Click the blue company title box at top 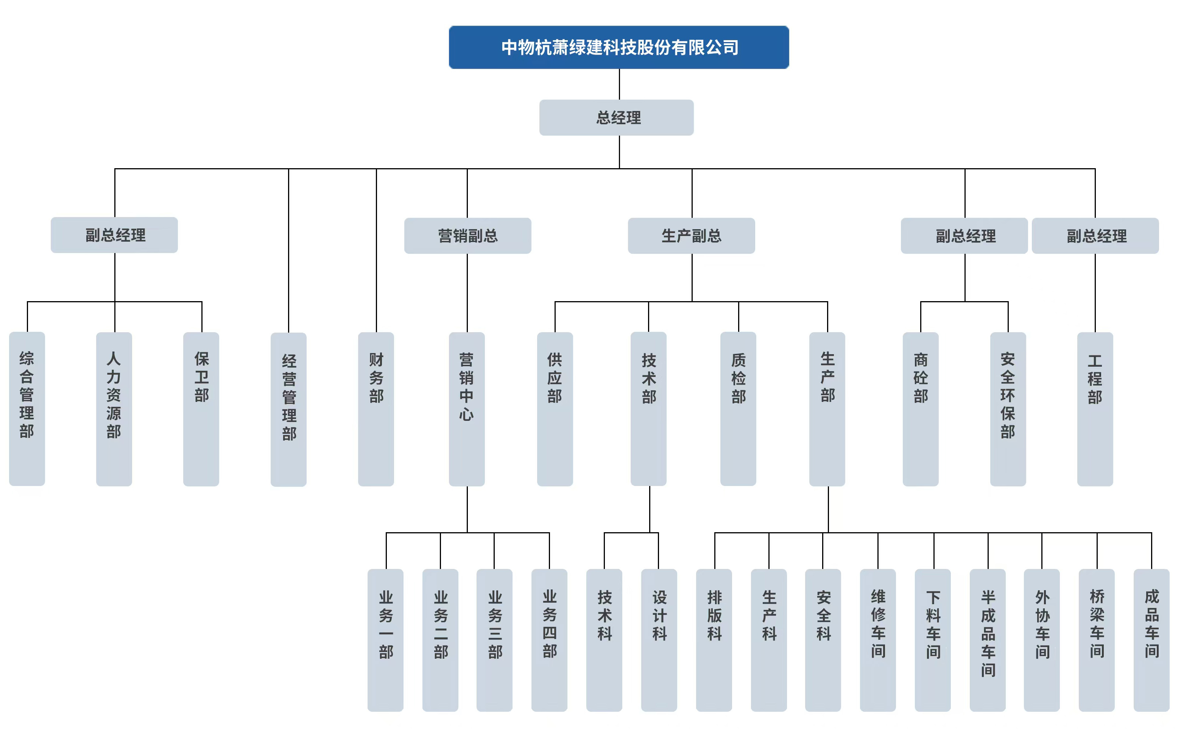coord(619,47)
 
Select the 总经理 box coord(616,117)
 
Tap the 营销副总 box coord(467,236)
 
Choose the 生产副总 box coord(691,236)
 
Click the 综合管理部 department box coord(27,409)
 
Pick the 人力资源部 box coord(114,409)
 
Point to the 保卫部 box coord(201,409)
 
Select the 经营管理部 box coord(288,409)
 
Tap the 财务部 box coord(376,409)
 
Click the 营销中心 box coord(466,409)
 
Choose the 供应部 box coord(555,409)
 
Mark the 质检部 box coord(738,409)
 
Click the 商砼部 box coord(920,409)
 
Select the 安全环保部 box coord(1008,409)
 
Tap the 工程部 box coord(1095,409)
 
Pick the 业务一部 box coord(385,640)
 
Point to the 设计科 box coord(659,640)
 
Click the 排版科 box coord(714,640)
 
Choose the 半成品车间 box coord(988,640)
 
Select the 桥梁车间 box coord(1096,640)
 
